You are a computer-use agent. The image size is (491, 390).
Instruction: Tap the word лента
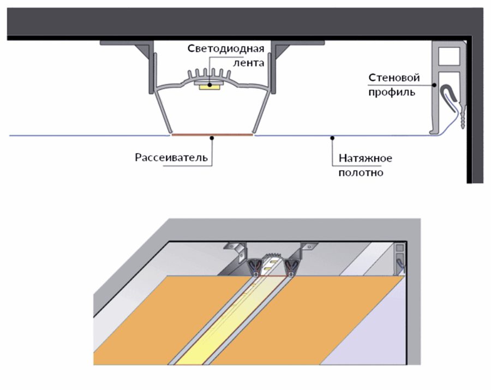[248, 63]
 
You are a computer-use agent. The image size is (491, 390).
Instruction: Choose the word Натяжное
[366, 159]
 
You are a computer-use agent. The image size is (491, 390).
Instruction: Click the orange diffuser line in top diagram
[213, 134]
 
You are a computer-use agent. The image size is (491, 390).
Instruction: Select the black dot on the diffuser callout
[213, 137]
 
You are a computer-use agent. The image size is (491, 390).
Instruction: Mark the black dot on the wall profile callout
[434, 85]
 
